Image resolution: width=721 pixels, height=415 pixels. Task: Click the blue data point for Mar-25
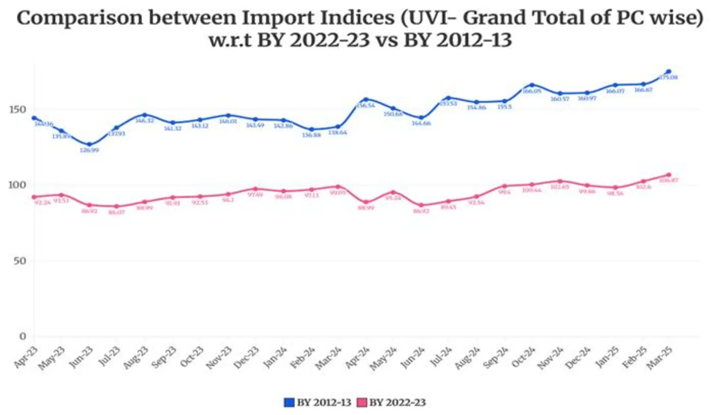[668, 72]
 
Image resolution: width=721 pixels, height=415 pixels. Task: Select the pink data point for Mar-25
[668, 175]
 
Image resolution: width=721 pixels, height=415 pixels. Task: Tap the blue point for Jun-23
[89, 144]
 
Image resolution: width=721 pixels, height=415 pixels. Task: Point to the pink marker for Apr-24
[366, 202]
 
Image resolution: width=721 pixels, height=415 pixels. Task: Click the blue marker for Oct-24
[532, 85]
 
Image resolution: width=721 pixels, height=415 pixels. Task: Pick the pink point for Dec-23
[255, 189]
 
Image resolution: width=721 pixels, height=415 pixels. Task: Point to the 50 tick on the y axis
[20, 261]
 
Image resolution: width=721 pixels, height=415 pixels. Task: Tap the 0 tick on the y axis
[23, 336]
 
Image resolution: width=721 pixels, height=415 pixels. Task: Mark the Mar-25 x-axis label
[659, 358]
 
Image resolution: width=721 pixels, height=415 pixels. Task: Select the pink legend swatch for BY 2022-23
[362, 403]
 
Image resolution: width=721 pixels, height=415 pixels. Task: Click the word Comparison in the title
[80, 18]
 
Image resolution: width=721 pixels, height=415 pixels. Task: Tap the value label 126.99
[89, 150]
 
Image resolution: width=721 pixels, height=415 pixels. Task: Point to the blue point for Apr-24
[366, 100]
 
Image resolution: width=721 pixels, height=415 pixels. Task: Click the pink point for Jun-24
[421, 205]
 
